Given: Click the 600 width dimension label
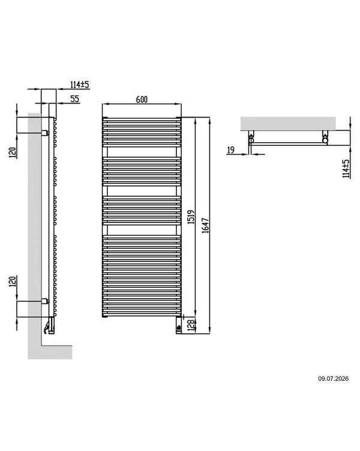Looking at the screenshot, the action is tap(142, 100).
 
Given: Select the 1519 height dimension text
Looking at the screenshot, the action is tap(191, 217).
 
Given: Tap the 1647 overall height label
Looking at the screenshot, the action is tap(205, 225).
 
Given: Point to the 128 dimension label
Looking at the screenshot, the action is tap(191, 325).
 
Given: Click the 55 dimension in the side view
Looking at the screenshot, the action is tap(74, 99).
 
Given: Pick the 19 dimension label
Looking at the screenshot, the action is tap(231, 150).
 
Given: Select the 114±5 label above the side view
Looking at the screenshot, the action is tap(80, 85).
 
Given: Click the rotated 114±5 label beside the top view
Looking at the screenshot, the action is tap(346, 169).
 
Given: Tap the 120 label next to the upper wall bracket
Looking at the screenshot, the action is tap(13, 152).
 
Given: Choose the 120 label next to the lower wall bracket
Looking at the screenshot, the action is tap(13, 281).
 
